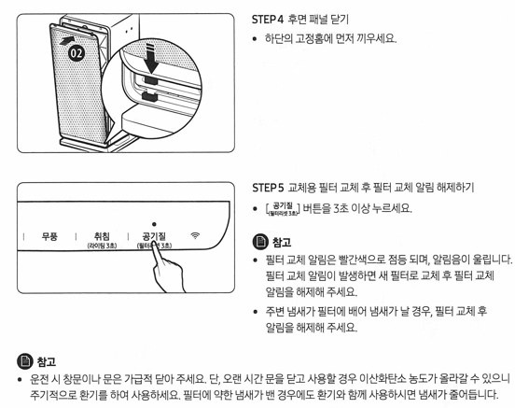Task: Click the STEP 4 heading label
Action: coord(271,19)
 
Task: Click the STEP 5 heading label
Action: coord(271,187)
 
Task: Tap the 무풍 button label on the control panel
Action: coord(49,237)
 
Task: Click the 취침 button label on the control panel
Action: coord(102,237)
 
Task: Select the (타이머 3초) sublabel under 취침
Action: coord(102,247)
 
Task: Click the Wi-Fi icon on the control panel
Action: coord(196,237)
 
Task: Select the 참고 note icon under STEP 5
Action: coord(260,242)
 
